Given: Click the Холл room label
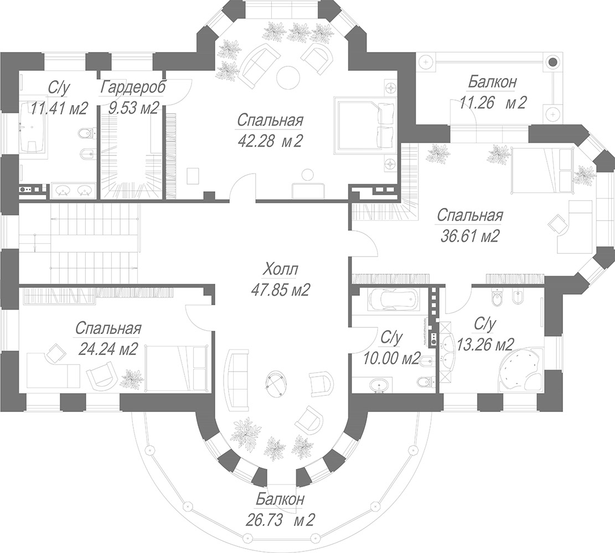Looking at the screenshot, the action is coord(280,270).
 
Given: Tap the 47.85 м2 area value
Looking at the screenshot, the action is coord(281,290).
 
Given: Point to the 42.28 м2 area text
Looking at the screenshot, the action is coord(270,140).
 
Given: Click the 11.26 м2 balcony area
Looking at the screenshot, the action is coord(492,103).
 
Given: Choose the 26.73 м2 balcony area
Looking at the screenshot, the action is coord(280,520).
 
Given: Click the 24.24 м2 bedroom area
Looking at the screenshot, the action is coord(108,348).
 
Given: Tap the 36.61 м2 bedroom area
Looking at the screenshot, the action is coord(469,236).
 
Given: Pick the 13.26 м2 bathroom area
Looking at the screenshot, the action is coord(485,345).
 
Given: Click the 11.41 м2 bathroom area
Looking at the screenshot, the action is coord(59,108).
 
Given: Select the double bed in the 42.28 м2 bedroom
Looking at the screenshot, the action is coord(365,124).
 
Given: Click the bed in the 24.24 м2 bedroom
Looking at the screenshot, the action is coord(175,368).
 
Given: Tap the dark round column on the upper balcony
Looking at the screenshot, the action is coord(552,61).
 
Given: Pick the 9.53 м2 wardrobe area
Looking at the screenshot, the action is coord(134,108).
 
